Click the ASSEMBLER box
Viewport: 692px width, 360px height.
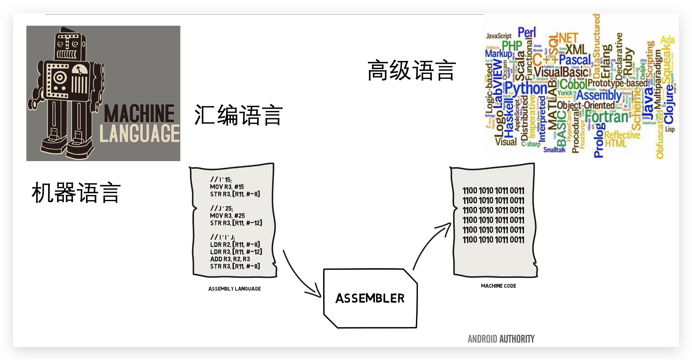click(x=370, y=298)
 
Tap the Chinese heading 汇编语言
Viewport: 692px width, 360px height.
click(x=238, y=115)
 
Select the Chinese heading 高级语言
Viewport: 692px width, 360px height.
click(x=411, y=70)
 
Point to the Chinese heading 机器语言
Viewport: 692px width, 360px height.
click(x=76, y=193)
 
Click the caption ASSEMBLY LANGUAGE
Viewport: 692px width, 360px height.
click(x=234, y=289)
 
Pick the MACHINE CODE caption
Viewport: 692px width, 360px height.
click(x=498, y=286)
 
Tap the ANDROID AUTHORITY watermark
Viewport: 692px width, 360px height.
click(x=501, y=339)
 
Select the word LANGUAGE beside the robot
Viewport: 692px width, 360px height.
click(x=139, y=133)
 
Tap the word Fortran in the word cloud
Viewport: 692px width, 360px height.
click(x=606, y=117)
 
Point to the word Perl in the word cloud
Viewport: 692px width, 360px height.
click(x=527, y=33)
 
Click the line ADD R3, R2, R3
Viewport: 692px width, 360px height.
click(x=230, y=259)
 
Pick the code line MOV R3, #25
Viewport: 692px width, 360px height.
click(x=227, y=215)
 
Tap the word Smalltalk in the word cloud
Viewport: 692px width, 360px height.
click(x=554, y=150)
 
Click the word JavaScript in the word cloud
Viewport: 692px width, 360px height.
click(x=499, y=36)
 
